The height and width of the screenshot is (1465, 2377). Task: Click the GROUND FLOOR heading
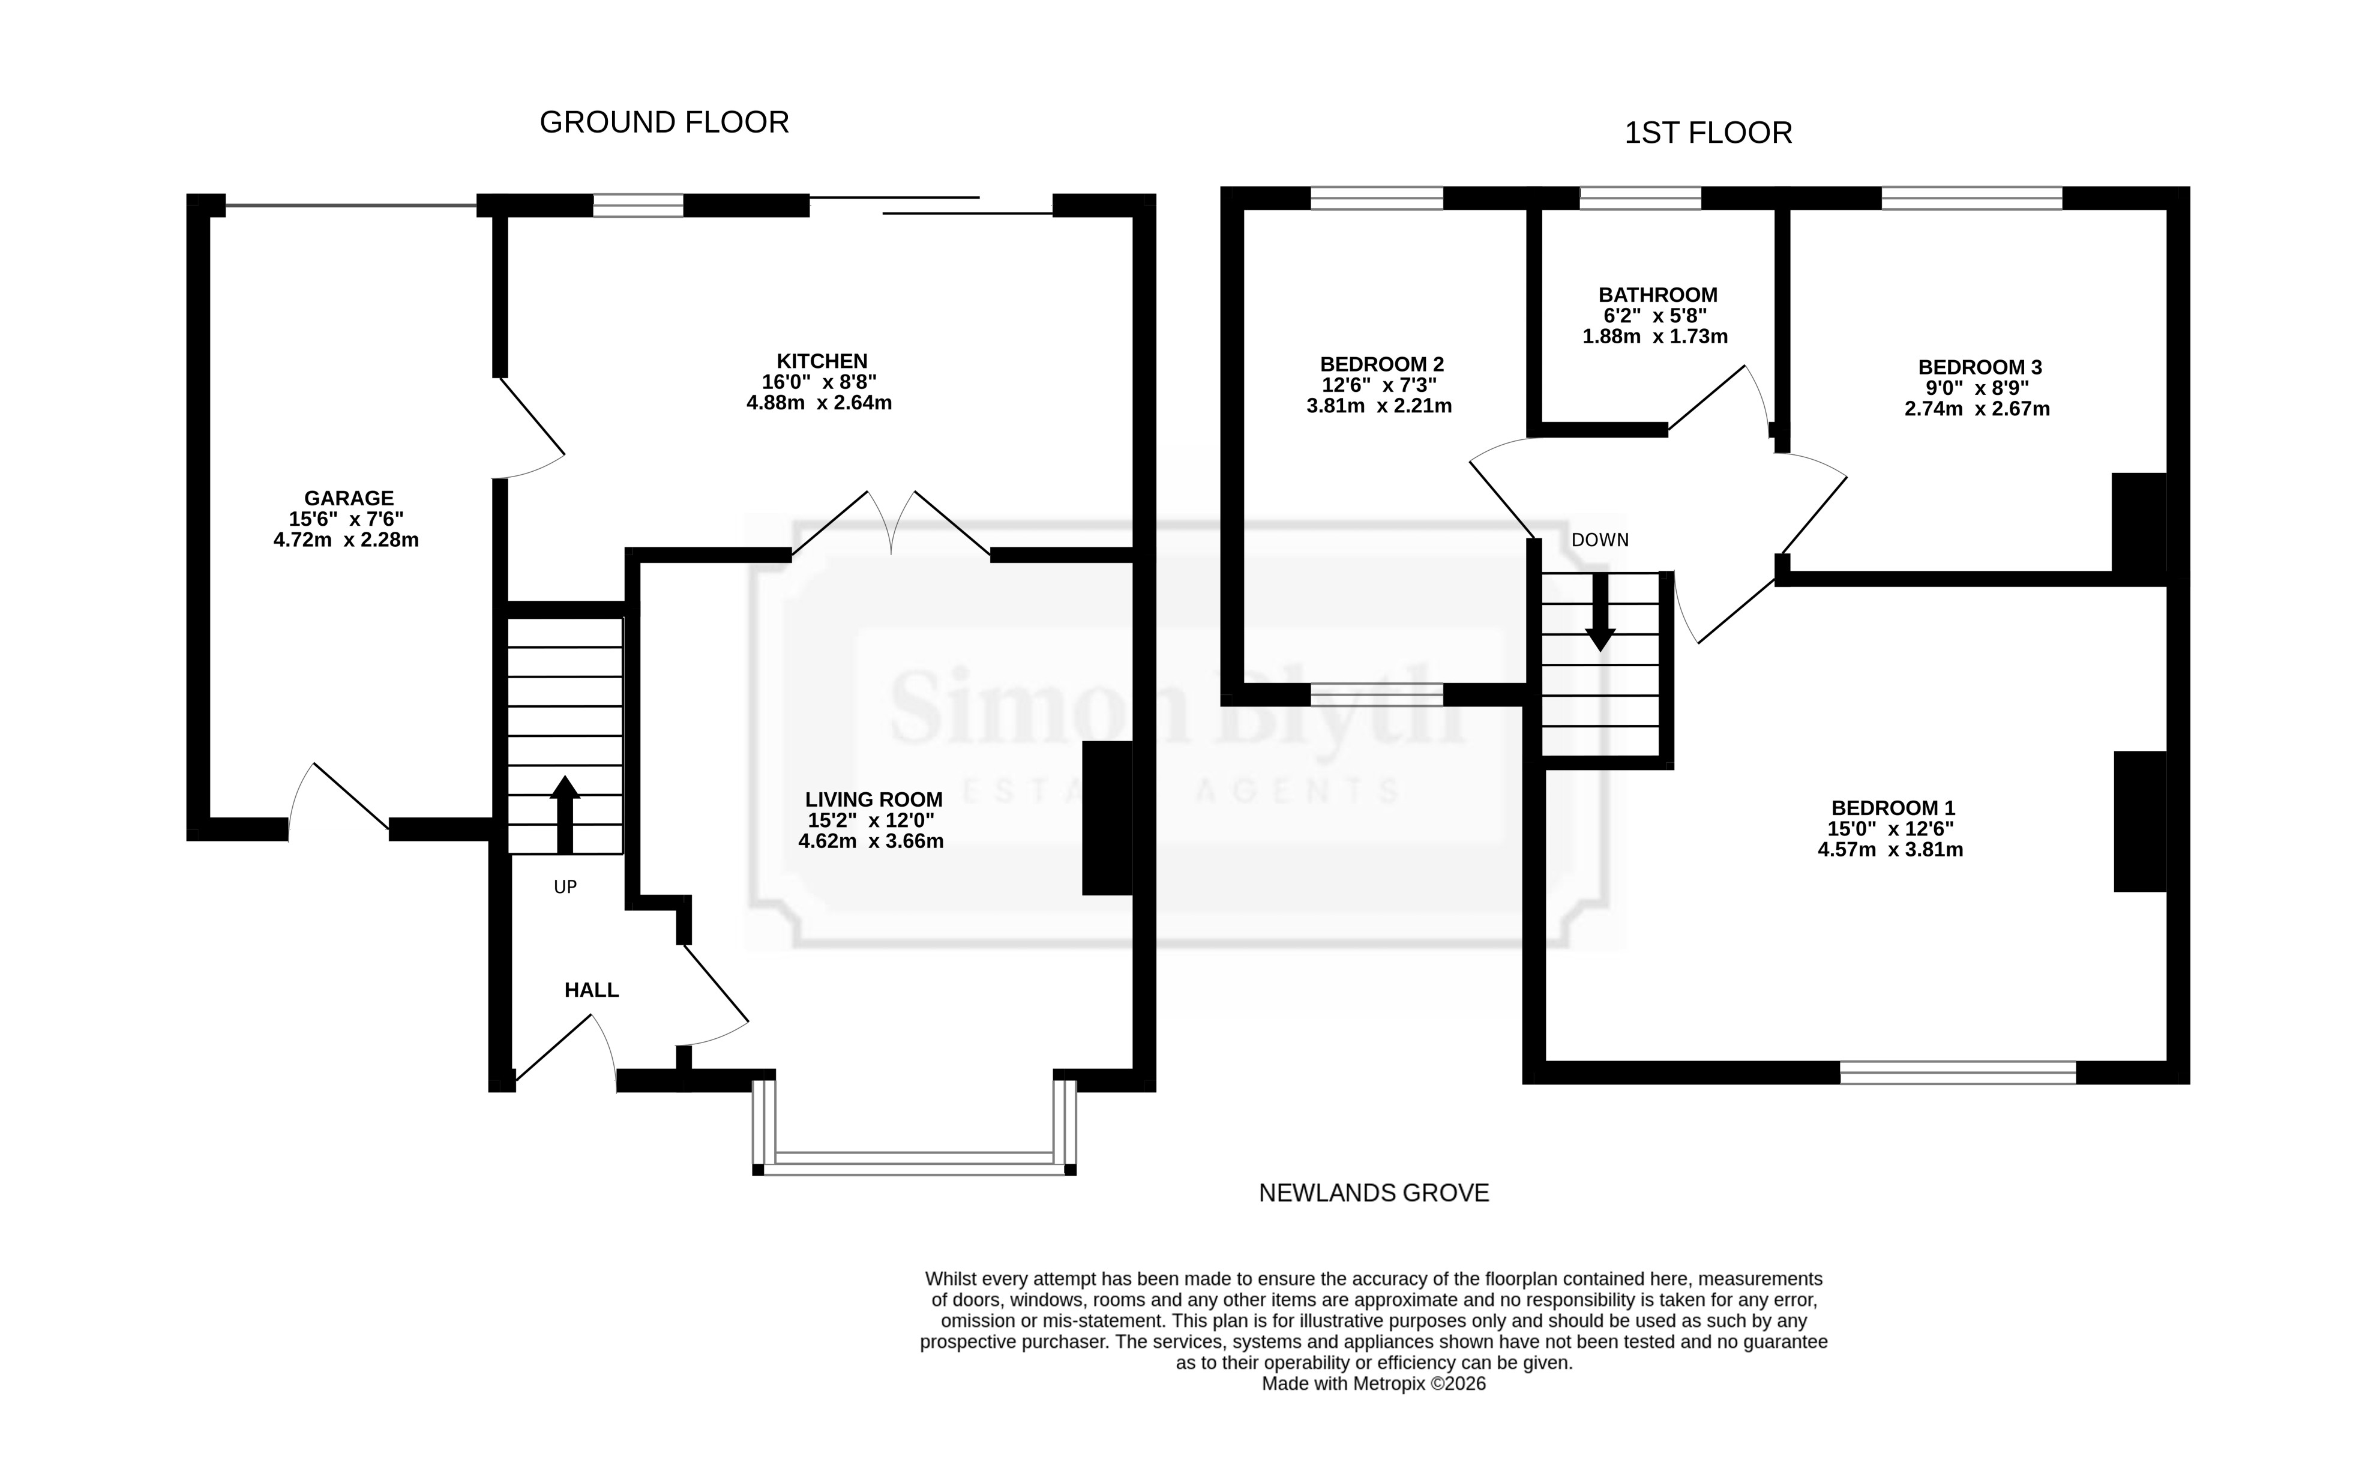coord(664,122)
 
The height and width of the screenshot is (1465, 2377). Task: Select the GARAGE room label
coord(349,498)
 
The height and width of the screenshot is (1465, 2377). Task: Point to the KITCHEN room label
coord(822,361)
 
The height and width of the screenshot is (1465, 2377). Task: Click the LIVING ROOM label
coord(874,799)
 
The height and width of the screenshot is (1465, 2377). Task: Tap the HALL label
coord(591,990)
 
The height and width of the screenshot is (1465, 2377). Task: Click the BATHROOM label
coord(1657,295)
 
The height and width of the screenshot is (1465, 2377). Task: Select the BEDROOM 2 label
coord(1381,364)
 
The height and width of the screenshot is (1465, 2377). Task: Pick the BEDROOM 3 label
coord(1980,367)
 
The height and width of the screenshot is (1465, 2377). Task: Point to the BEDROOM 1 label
coord(1893,808)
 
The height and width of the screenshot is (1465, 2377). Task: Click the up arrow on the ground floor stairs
coord(565,814)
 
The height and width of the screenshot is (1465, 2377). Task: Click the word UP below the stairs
coord(565,886)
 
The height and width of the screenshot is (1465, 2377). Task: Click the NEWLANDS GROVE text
coord(1374,1193)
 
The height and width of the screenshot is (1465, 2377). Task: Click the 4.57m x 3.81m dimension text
coord(1890,850)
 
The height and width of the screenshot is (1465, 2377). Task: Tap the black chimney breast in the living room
coord(1107,818)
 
